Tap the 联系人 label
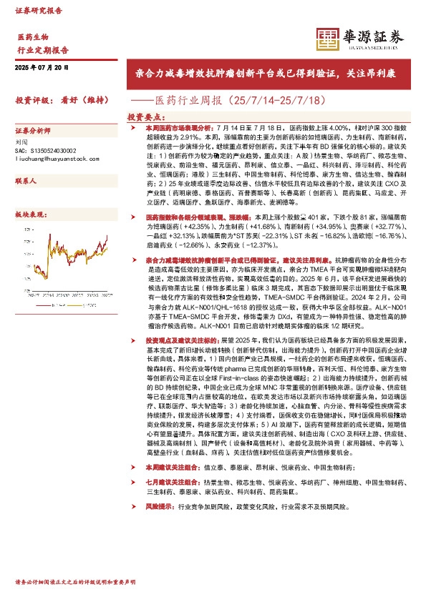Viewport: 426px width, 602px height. point(26,183)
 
